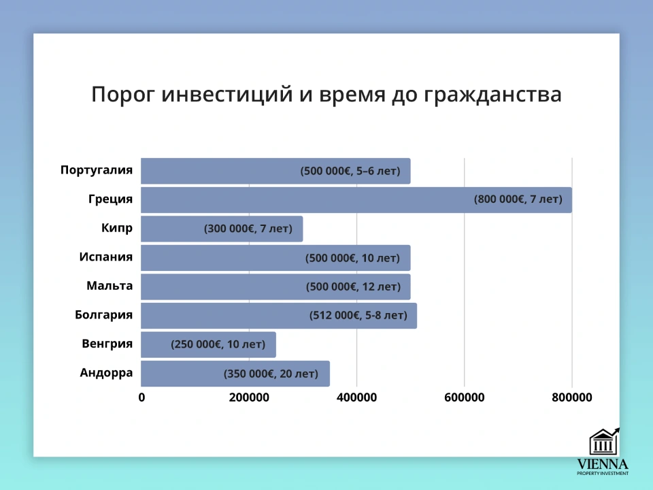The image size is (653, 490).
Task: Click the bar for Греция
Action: (x=306, y=199)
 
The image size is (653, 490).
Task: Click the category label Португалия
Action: (x=96, y=170)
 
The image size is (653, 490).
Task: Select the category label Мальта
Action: (x=110, y=286)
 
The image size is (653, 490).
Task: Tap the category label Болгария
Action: (x=103, y=315)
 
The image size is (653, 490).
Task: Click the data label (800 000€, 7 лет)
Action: (x=518, y=199)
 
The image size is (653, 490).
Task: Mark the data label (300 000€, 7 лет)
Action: (x=248, y=229)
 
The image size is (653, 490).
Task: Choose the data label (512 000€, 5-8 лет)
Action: (x=358, y=316)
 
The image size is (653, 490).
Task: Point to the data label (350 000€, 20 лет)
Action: (x=271, y=374)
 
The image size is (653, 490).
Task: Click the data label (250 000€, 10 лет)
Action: (x=218, y=344)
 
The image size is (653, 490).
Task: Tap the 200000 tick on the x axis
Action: (x=248, y=397)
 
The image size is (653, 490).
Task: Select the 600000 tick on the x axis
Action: (x=464, y=397)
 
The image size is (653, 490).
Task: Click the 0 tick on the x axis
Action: (x=141, y=397)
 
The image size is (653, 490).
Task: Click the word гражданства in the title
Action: (x=492, y=95)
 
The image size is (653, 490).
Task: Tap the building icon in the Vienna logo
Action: (x=603, y=442)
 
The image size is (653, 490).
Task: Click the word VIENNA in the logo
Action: (x=603, y=464)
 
